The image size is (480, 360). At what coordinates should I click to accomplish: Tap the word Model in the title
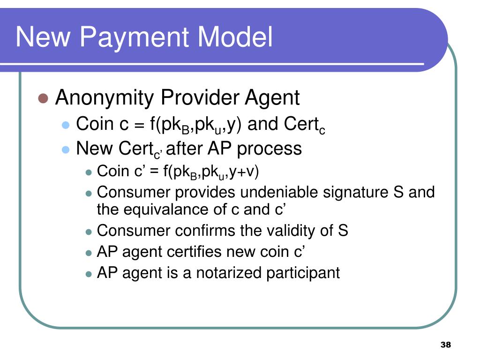pos(235,37)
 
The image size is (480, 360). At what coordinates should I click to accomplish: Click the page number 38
pos(446,345)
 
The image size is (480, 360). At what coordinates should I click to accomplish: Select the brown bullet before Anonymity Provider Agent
pos(43,98)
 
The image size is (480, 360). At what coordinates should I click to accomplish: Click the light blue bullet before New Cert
pos(66,150)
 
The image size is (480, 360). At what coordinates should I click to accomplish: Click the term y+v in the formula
pos(244,172)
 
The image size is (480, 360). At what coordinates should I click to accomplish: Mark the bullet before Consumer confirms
pos(89,232)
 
